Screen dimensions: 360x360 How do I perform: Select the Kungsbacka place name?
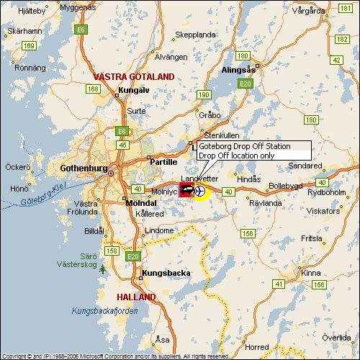(x=165, y=274)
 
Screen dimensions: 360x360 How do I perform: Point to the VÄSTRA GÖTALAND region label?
(x=134, y=76)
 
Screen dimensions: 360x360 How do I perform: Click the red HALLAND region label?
(x=136, y=297)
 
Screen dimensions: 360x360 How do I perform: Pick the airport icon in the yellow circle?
(x=200, y=191)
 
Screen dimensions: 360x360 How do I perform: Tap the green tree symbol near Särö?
(x=104, y=269)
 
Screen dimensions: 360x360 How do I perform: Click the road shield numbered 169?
(x=29, y=45)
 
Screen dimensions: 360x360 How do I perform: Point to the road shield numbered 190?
(x=204, y=94)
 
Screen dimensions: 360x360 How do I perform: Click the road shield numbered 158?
(x=113, y=251)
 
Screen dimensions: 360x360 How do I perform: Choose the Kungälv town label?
(x=133, y=91)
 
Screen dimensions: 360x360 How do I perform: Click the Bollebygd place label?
(x=287, y=185)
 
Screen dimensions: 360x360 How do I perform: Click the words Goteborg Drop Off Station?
(x=244, y=146)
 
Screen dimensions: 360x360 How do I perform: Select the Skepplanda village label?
(x=195, y=34)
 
